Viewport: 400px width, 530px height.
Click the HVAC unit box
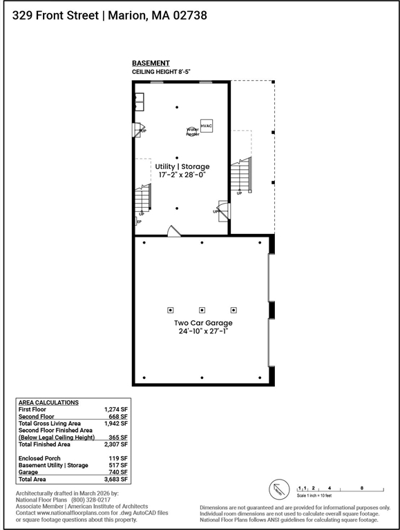[207, 125]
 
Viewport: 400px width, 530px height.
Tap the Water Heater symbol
[191, 130]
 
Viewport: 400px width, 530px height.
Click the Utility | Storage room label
[182, 166]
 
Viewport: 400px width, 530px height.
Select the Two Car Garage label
[203, 322]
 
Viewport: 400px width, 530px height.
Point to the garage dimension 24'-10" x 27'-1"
[203, 331]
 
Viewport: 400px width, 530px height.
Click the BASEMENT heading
[151, 63]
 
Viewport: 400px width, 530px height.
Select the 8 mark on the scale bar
[362, 488]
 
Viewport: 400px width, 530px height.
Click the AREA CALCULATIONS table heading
[48, 402]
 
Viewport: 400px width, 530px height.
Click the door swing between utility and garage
[174, 230]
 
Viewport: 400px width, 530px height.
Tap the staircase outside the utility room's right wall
[240, 175]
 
